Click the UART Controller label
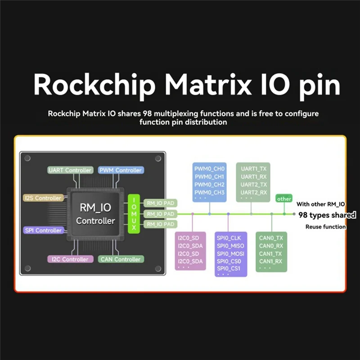click(x=70, y=170)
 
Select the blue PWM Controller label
click(x=120, y=170)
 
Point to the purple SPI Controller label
click(x=43, y=230)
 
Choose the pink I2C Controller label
click(x=70, y=259)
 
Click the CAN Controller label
click(x=120, y=259)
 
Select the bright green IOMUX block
click(x=134, y=214)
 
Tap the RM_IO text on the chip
click(x=95, y=207)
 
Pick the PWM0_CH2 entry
click(x=209, y=184)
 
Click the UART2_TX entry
click(x=254, y=184)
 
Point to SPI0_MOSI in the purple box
click(x=230, y=253)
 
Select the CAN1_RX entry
click(x=271, y=261)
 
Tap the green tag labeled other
click(x=284, y=198)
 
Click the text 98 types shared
click(x=327, y=215)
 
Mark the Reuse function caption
click(x=325, y=227)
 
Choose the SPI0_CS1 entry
click(x=229, y=269)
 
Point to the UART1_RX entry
click(x=254, y=176)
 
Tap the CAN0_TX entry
click(x=271, y=238)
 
